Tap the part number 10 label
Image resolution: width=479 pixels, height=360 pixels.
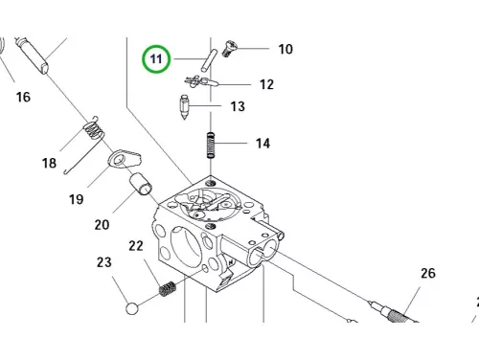point(285,49)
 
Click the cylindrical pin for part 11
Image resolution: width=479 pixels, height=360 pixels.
point(209,60)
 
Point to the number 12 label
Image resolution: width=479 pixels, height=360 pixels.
point(266,84)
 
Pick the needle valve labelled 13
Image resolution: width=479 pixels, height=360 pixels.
point(185,107)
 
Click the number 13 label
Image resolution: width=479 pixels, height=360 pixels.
point(238,106)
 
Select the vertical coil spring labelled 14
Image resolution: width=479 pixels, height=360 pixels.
point(211,145)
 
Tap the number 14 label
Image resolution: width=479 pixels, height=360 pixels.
point(262,144)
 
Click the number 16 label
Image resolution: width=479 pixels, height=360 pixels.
point(23,97)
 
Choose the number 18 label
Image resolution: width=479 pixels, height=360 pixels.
point(49,163)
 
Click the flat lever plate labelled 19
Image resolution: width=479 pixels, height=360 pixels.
point(124,159)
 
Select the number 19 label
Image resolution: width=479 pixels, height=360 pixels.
point(76,199)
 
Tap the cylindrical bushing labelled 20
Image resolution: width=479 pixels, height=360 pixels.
point(141,184)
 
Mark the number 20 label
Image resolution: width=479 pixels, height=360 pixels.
point(102,225)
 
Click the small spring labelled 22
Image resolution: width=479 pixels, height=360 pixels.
point(168,288)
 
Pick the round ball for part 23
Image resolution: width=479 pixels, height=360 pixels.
point(132,308)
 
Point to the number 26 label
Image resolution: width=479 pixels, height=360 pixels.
point(428,273)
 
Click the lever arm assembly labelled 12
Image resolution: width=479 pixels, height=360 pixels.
point(200,82)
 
